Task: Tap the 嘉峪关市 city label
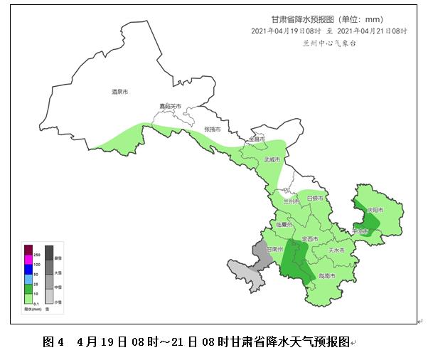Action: click(170, 106)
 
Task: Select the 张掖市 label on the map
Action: click(213, 129)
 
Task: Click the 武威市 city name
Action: click(272, 160)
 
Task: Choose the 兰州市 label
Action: click(292, 201)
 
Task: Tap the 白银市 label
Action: click(315, 197)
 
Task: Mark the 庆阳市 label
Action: click(375, 210)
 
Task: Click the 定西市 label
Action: click(310, 238)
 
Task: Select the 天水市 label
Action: click(336, 250)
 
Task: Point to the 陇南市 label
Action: click(328, 275)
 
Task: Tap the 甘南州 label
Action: click(275, 249)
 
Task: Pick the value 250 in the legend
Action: click(37, 255)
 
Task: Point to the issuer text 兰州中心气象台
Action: click(328, 43)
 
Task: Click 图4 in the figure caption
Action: click(53, 342)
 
